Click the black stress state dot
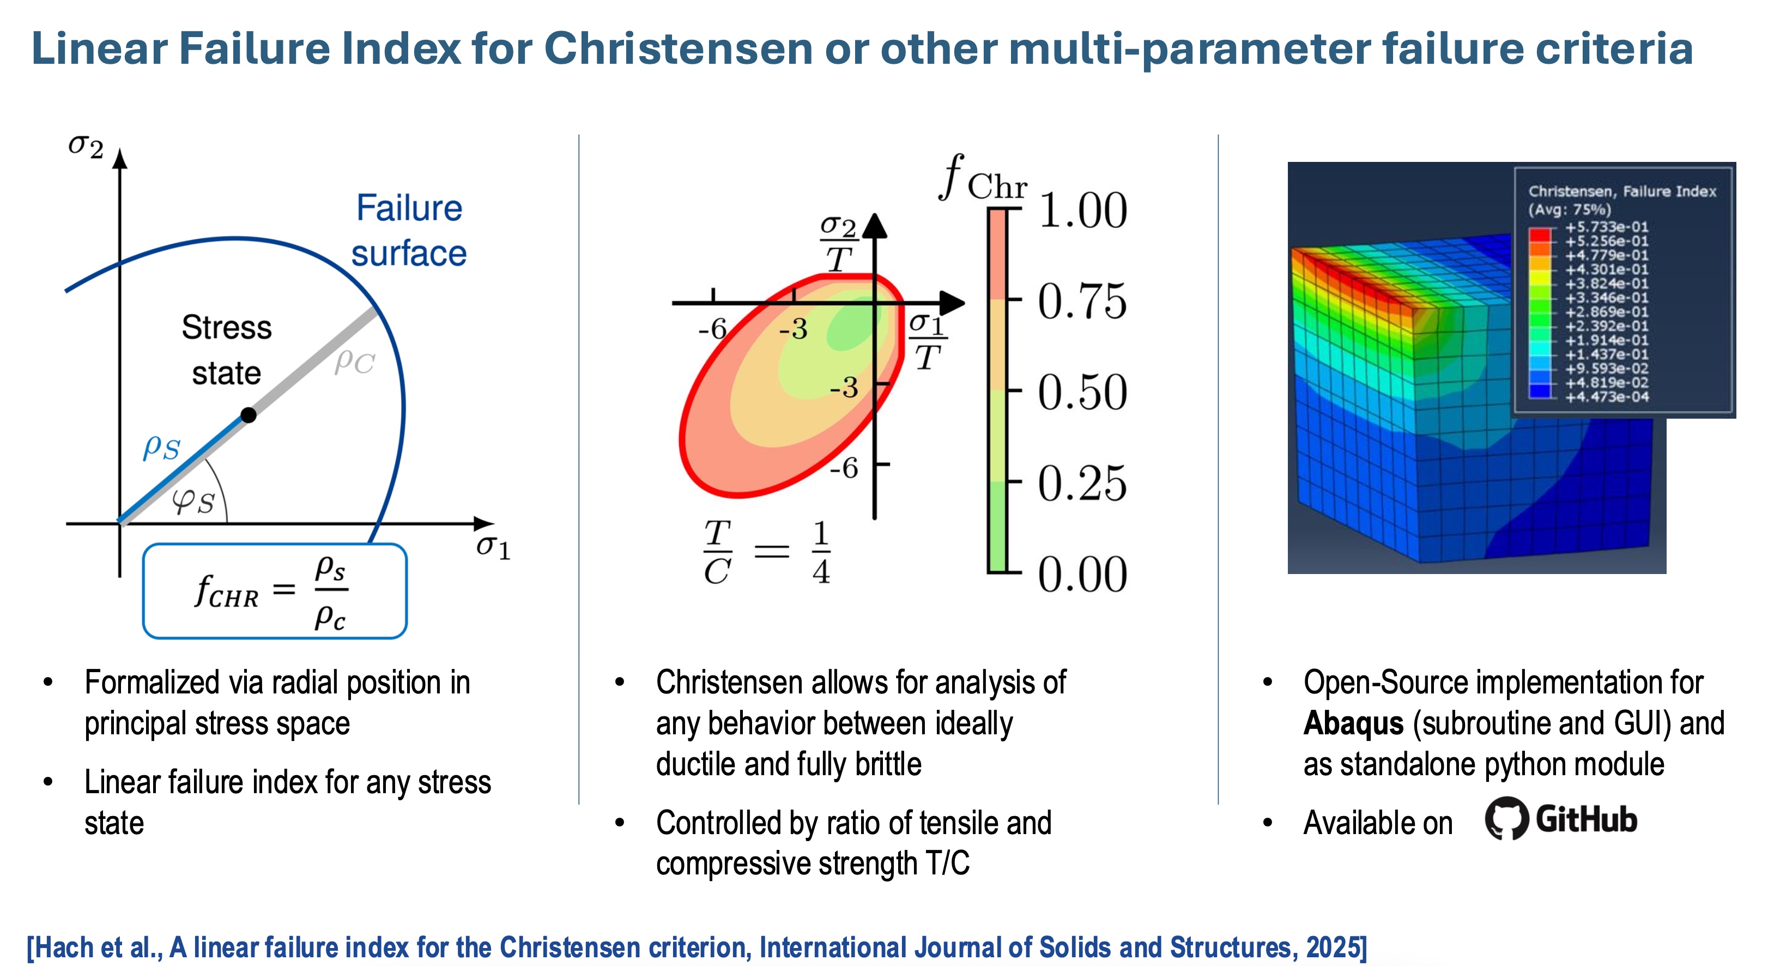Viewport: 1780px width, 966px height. (x=248, y=415)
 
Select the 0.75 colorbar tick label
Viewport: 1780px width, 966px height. (x=1082, y=301)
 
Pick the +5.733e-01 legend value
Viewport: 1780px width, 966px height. (x=1607, y=227)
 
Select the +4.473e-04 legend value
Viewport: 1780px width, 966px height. (x=1607, y=397)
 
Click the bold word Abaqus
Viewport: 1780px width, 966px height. (x=1353, y=723)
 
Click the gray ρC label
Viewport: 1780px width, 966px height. (x=354, y=361)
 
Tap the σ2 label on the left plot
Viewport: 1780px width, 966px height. (x=86, y=147)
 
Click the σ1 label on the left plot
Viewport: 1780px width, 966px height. (x=493, y=547)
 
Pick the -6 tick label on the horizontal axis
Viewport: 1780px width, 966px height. (x=712, y=329)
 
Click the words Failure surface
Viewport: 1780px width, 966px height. (x=409, y=230)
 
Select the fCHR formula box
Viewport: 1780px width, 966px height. (x=274, y=591)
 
